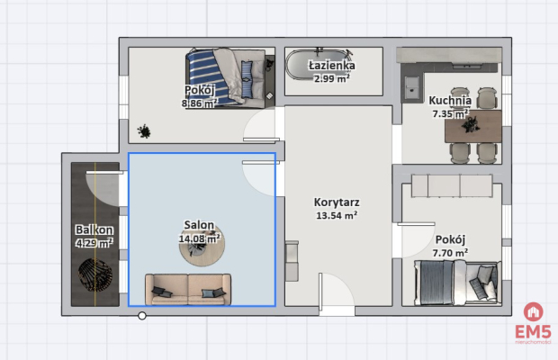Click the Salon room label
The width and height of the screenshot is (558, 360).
(x=198, y=224)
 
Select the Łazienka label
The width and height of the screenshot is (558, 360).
(x=331, y=66)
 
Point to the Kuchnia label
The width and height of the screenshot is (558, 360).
(x=448, y=101)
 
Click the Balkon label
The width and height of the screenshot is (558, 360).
(x=94, y=229)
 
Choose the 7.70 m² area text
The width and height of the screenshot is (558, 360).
(x=449, y=254)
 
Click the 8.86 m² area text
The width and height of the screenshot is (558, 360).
(x=199, y=103)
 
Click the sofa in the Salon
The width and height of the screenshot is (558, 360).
(x=187, y=287)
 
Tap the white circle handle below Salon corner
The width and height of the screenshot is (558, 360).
(x=141, y=316)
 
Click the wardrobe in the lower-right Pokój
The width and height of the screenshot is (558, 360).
(x=452, y=186)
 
